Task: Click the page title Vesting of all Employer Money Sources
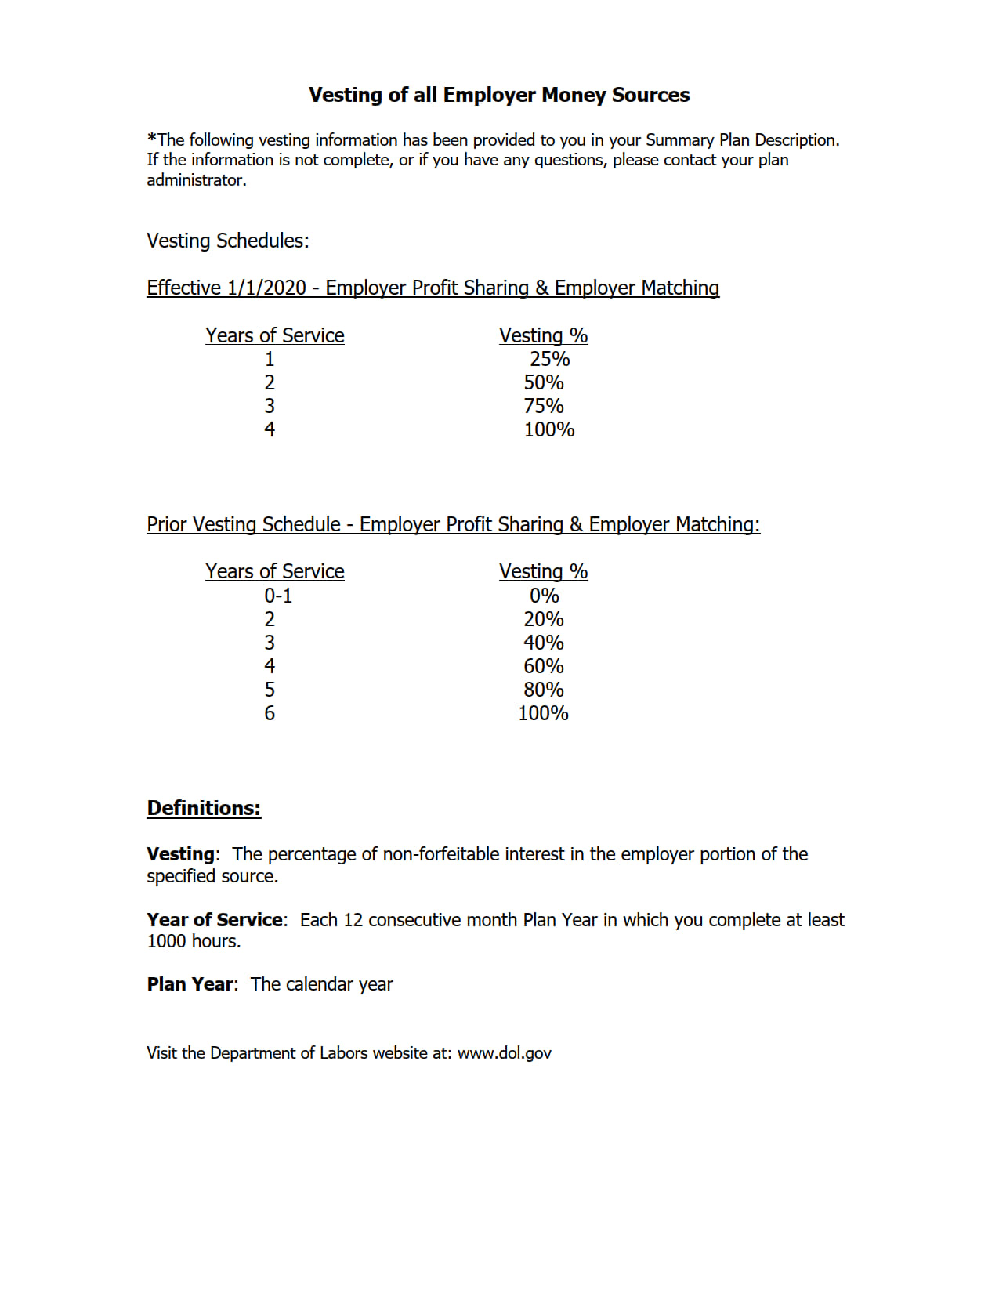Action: pyautogui.click(x=499, y=95)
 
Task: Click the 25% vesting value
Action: pyautogui.click(x=549, y=359)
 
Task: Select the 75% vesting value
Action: pyautogui.click(x=544, y=406)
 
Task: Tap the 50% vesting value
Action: pyautogui.click(x=544, y=382)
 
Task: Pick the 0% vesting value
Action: pyautogui.click(x=544, y=596)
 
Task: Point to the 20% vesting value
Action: pyautogui.click(x=544, y=619)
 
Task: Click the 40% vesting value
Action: pyautogui.click(x=544, y=643)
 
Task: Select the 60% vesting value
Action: pyautogui.click(x=544, y=666)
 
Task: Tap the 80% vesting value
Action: pyautogui.click(x=544, y=690)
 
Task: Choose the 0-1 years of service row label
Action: pyautogui.click(x=278, y=596)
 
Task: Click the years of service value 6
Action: pyautogui.click(x=270, y=713)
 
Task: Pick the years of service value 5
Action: pyautogui.click(x=270, y=690)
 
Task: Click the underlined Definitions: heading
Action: pyautogui.click(x=204, y=808)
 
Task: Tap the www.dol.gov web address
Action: pyautogui.click(x=505, y=1053)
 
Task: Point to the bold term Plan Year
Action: pyautogui.click(x=190, y=984)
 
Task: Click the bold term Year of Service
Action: pyautogui.click(x=215, y=920)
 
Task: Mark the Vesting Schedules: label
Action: pyautogui.click(x=228, y=241)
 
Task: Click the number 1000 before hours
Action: pyautogui.click(x=166, y=941)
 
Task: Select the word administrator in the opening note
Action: pyautogui.click(x=196, y=180)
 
